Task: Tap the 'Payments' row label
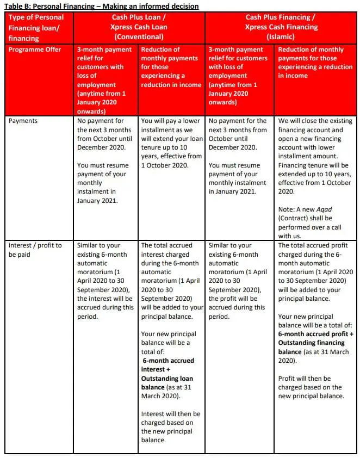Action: pos(23,121)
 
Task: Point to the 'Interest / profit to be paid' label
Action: pos(35,250)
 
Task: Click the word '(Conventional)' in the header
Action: pos(139,36)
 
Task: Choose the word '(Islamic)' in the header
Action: pos(281,36)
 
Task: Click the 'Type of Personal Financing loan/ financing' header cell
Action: pos(36,27)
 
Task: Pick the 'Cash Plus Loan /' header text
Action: pos(139,17)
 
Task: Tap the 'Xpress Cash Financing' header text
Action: pos(281,27)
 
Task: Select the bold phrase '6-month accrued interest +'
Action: pos(168,365)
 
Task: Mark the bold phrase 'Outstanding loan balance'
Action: pos(167,383)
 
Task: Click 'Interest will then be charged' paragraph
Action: pos(170,423)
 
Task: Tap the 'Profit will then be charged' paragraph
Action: pos(311,387)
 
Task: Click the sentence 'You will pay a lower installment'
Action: pos(170,143)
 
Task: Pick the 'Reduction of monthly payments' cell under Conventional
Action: pos(170,67)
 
